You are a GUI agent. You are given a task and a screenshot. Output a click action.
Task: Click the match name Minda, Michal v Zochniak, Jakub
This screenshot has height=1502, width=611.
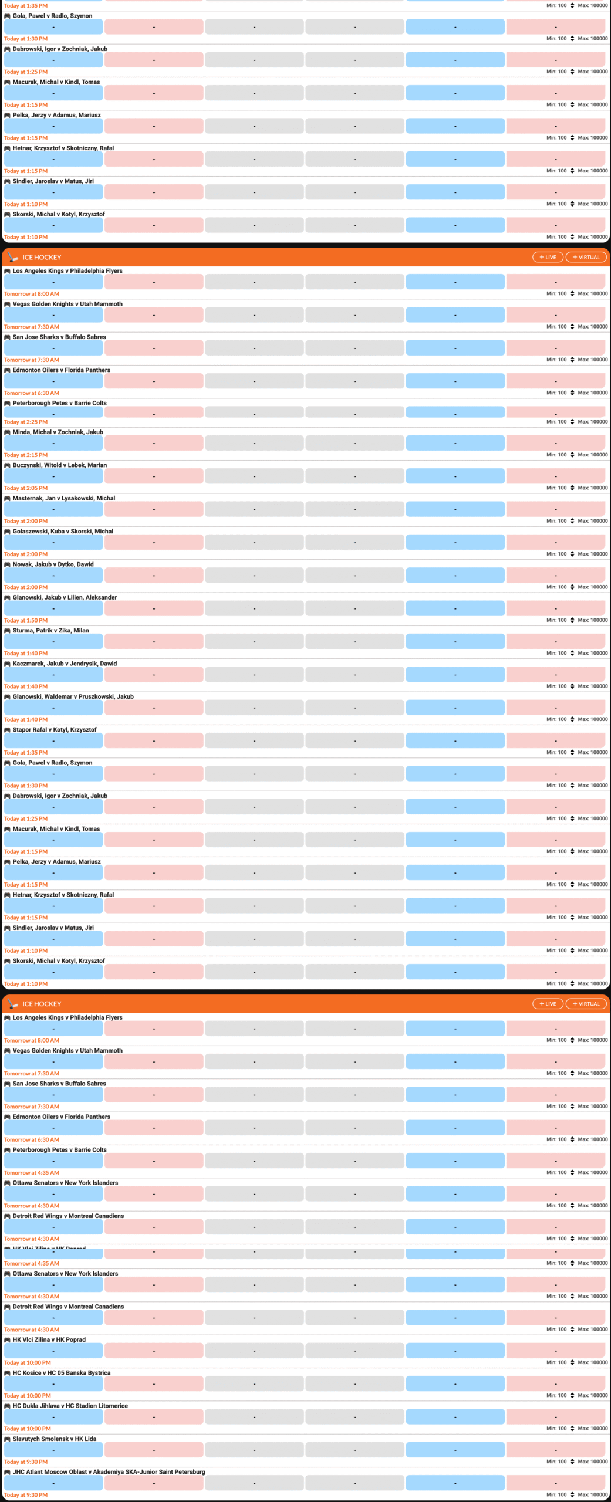coord(58,432)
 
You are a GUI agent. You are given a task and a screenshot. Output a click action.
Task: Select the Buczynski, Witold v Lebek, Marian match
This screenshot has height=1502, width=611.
coord(59,465)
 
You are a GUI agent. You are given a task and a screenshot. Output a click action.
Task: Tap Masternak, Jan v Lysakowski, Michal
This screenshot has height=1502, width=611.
coord(63,498)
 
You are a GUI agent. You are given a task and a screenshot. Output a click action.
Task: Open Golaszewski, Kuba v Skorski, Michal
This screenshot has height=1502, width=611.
coord(63,532)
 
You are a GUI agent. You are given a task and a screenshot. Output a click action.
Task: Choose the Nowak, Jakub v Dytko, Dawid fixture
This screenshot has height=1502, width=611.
coord(53,564)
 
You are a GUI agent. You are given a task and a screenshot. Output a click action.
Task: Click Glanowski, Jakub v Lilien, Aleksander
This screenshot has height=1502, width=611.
coord(65,597)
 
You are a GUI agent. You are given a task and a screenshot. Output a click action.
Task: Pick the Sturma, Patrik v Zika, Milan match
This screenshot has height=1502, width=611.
coord(50,631)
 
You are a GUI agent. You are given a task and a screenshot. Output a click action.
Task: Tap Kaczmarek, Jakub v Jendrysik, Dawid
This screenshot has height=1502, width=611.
coord(65,664)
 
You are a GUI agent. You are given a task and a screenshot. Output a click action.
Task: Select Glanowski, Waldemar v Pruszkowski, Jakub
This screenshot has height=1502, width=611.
coord(73,696)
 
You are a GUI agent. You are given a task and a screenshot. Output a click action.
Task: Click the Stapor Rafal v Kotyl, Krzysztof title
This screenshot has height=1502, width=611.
coord(55,730)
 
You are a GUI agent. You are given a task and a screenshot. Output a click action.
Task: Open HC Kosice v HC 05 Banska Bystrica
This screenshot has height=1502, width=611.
coord(61,1373)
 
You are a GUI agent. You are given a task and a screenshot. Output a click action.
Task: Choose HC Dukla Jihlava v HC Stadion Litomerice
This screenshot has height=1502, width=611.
coord(70,1406)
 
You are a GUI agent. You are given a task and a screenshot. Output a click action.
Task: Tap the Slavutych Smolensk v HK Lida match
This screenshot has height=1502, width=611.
coord(54,1439)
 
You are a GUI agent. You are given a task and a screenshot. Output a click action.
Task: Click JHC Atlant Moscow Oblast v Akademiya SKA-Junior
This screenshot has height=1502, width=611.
coord(109,1472)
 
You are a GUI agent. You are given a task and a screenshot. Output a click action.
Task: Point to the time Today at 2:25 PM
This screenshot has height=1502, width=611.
coord(26,422)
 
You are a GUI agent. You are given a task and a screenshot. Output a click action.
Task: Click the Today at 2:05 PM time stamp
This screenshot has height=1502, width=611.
coord(26,488)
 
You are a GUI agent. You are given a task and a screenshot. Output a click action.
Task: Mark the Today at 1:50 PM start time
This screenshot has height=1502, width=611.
coord(26,620)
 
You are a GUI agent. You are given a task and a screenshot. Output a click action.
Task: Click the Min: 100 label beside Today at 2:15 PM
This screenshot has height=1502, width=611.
coord(556,455)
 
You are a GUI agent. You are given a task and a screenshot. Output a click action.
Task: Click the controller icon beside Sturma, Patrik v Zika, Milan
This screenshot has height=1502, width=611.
coord(7,631)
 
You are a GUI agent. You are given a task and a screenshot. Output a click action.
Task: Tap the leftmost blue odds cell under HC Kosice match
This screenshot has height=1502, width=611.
coord(53,1384)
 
